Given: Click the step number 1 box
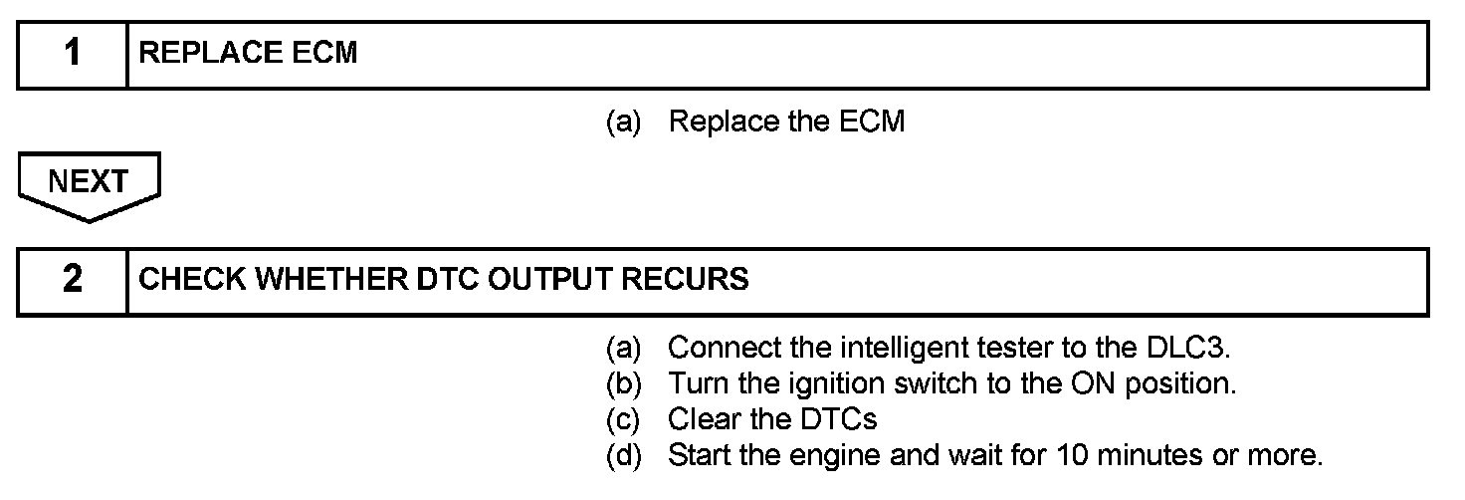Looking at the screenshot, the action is (x=72, y=54).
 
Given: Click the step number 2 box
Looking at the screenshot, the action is (x=72, y=280).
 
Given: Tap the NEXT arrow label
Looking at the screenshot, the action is (x=88, y=182).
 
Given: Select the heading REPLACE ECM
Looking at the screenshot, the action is (x=248, y=54).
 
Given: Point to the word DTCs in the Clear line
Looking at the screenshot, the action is (x=838, y=420).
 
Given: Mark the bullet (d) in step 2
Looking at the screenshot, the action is (x=623, y=456).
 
